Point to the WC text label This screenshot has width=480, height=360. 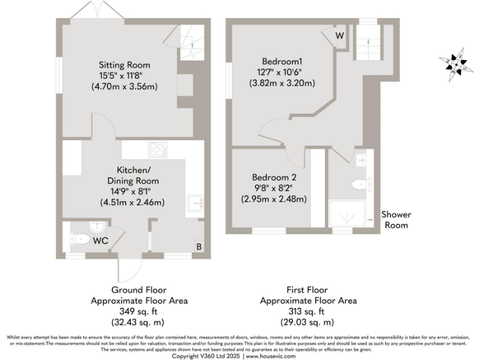tap(101, 239)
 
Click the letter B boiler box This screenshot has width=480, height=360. tap(199, 246)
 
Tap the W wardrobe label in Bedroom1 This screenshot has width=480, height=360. tap(339, 35)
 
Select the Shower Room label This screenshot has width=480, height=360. tap(396, 219)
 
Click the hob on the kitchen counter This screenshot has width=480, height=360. tap(156, 149)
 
